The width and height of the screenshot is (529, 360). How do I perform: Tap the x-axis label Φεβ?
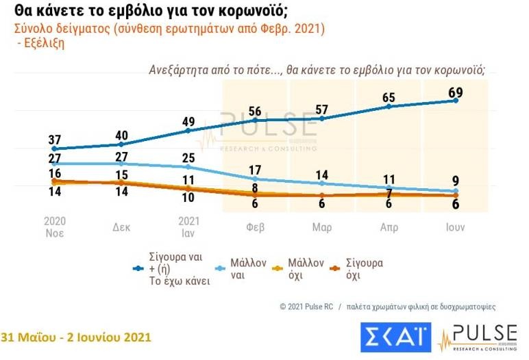tap(255, 227)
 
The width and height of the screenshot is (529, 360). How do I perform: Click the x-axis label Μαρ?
tap(322, 227)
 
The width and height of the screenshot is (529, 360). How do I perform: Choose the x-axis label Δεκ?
tap(121, 227)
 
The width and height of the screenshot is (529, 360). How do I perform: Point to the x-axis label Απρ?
tap(389, 227)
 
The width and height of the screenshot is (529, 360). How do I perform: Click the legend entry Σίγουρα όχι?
tap(365, 268)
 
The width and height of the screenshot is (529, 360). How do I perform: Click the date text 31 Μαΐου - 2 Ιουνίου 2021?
tap(75, 337)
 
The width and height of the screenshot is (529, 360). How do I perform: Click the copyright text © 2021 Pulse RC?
tap(306, 307)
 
